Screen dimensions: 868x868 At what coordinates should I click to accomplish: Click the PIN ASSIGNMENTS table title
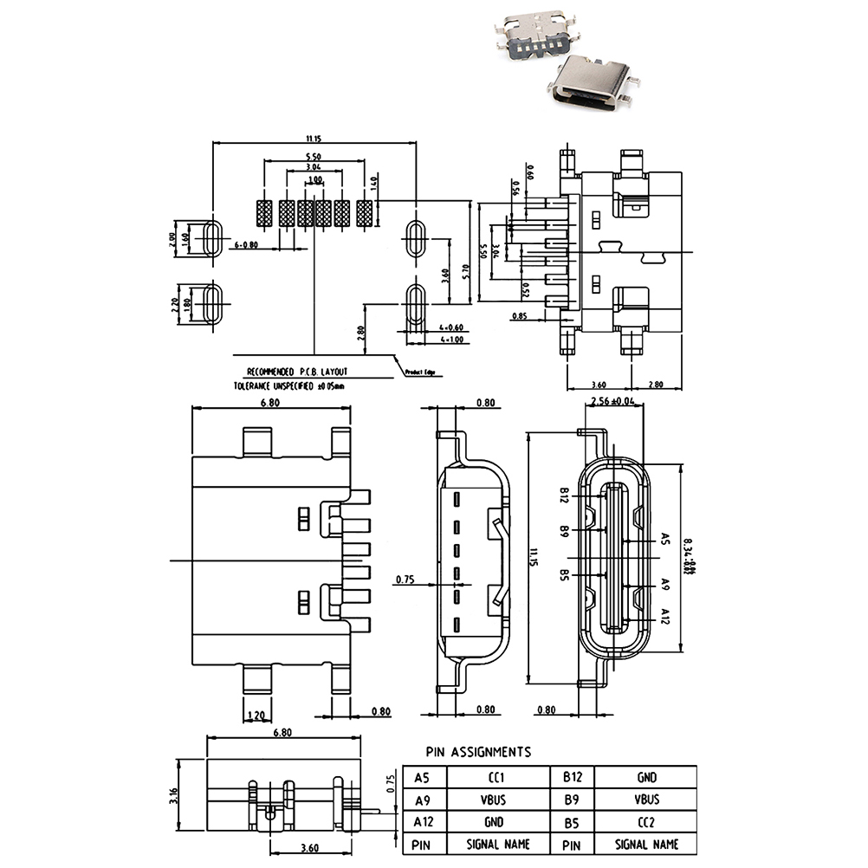478,752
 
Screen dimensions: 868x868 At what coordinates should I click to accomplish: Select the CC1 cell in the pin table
497,777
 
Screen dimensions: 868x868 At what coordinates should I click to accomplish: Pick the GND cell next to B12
647,777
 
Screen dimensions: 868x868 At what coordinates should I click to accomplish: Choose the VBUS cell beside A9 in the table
497,800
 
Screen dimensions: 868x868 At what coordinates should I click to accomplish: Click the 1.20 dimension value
256,715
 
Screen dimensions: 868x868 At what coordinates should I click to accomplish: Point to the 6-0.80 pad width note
247,245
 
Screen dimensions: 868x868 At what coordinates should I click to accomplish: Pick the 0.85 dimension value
520,316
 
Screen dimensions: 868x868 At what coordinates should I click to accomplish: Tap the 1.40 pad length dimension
375,184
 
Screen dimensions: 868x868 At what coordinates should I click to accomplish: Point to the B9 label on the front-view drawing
564,529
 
